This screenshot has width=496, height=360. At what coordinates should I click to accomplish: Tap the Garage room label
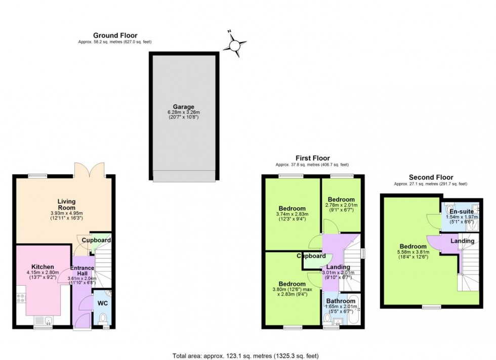pos(184,107)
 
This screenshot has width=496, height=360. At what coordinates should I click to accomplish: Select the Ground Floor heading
pos(115,35)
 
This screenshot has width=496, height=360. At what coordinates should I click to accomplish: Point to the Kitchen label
pos(43,266)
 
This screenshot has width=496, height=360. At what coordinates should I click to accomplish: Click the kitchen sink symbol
pos(43,320)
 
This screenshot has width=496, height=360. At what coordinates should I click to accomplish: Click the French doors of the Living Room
pos(89,169)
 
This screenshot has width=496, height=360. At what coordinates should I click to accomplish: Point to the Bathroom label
pos(341,301)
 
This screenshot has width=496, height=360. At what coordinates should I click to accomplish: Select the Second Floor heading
pos(431,177)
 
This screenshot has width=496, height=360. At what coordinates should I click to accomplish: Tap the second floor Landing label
pos(462,241)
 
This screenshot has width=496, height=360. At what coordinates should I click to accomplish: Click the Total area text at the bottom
pos(247,355)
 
